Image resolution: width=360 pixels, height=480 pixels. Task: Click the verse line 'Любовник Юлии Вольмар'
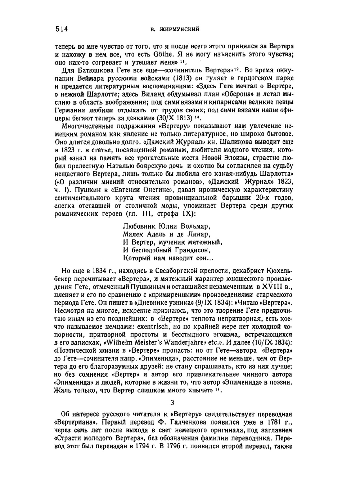166,226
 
